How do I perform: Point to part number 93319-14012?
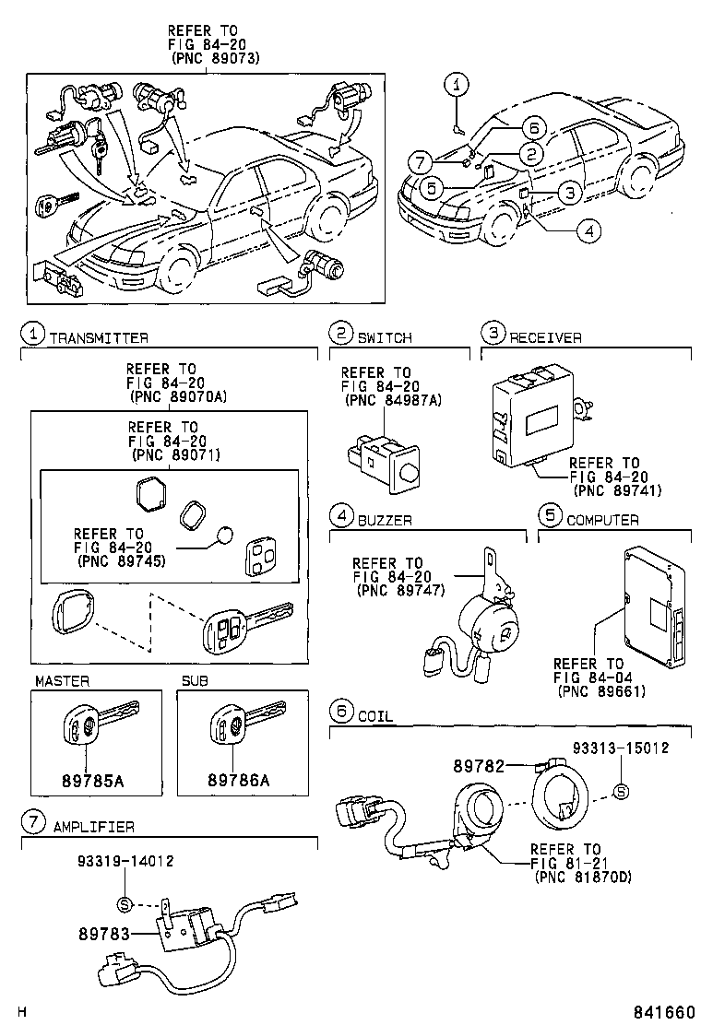click(x=125, y=861)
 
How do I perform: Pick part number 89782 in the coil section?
click(x=478, y=765)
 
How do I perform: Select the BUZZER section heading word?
click(x=385, y=520)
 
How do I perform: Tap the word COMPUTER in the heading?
click(x=602, y=520)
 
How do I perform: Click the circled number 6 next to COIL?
click(x=341, y=711)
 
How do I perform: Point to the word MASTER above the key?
click(x=62, y=680)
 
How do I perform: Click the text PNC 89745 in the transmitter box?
click(x=122, y=560)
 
